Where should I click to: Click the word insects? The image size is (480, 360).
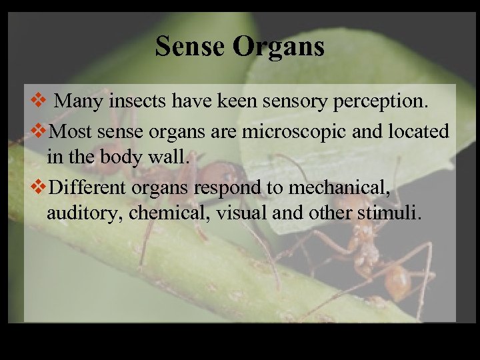click(138, 102)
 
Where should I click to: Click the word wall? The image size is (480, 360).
click(177, 159)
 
